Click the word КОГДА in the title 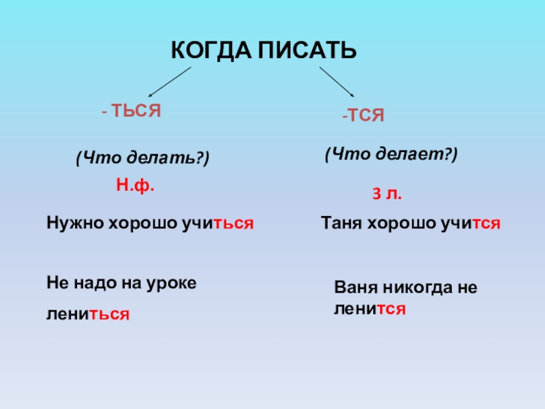click(211, 50)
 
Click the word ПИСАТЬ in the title click(307, 50)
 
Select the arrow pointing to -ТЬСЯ click(170, 82)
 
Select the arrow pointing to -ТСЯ click(337, 82)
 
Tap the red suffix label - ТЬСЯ click(131, 111)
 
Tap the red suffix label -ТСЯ click(363, 115)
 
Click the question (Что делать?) click(143, 158)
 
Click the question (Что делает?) click(391, 154)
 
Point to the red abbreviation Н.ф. click(135, 185)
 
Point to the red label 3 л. click(387, 194)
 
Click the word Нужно click(75, 223)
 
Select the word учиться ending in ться click(218, 224)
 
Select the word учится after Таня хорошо click(471, 224)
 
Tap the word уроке click(172, 284)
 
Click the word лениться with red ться click(88, 314)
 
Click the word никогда click(418, 288)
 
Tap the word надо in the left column click(94, 284)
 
